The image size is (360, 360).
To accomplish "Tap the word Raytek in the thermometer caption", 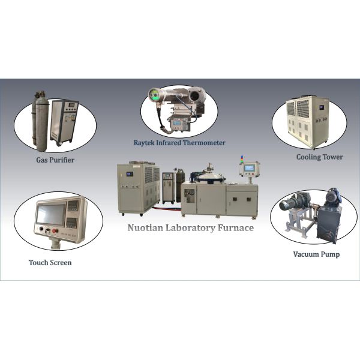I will pyautogui.click(x=148, y=143).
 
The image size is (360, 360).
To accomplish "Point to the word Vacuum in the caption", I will pyautogui.click(x=307, y=254).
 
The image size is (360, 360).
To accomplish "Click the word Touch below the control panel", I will pyautogui.click(x=40, y=263).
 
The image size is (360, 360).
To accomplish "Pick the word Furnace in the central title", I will pyautogui.click(x=233, y=228).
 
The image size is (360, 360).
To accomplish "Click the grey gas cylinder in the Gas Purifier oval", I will pyautogui.click(x=41, y=123).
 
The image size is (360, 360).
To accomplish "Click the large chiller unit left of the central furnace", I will pyautogui.click(x=138, y=188).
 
